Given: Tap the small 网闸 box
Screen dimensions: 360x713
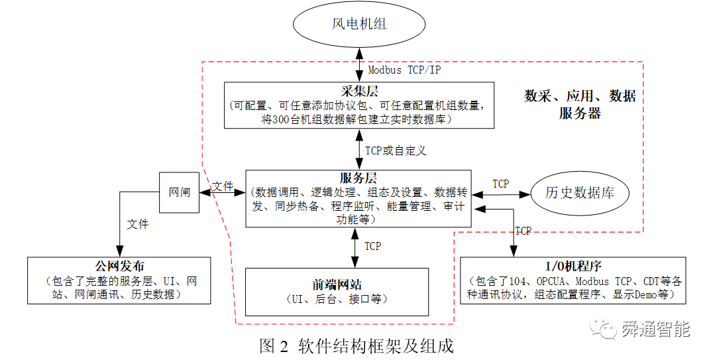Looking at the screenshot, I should (x=179, y=192).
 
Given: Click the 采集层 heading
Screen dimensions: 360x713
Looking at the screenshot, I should (x=359, y=91).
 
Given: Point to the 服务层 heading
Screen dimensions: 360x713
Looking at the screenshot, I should (x=358, y=178).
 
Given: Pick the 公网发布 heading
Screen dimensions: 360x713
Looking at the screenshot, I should (x=119, y=267).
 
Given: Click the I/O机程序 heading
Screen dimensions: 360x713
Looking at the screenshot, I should (x=573, y=267).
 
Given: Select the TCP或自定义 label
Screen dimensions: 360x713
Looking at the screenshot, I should (x=395, y=150).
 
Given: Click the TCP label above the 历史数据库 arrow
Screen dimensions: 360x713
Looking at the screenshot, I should (x=501, y=183).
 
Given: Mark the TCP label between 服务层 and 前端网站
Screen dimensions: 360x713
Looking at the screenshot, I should (x=372, y=246).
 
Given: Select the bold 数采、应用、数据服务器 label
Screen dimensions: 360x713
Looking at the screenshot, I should (x=580, y=104).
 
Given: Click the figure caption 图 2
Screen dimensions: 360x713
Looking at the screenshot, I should (x=274, y=347).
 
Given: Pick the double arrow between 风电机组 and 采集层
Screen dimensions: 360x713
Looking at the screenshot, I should (x=358, y=65).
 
